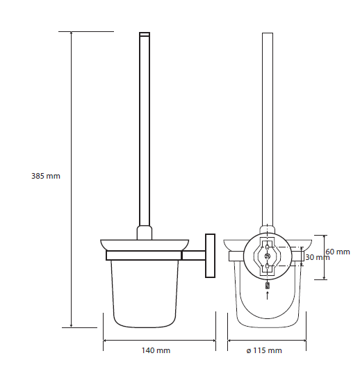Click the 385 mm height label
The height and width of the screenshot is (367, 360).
click(46, 176)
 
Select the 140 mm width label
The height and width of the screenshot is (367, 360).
click(156, 350)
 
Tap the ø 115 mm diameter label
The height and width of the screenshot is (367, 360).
click(264, 350)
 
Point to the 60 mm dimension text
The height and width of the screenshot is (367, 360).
click(338, 252)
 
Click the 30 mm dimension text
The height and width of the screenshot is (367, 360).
click(318, 257)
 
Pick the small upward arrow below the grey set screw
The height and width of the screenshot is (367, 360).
click(268, 295)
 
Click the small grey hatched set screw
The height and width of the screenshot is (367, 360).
click(268, 286)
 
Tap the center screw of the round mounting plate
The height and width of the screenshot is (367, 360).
click(268, 256)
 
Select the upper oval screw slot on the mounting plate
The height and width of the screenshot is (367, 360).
click(268, 247)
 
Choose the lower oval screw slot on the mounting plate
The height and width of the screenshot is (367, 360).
click(268, 266)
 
